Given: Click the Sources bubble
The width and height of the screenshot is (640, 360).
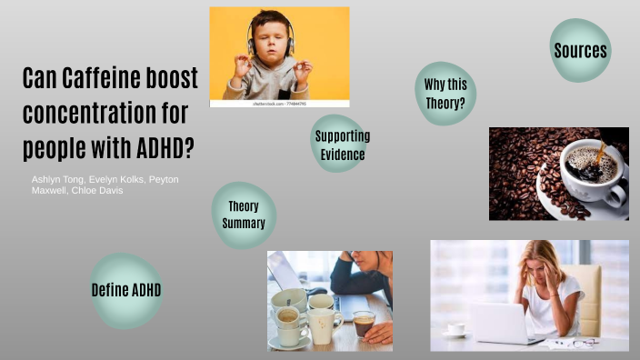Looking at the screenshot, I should click(581, 50).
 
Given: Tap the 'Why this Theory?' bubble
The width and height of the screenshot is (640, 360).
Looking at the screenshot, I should click(445, 94).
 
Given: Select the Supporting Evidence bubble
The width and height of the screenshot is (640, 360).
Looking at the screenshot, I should click(342, 145).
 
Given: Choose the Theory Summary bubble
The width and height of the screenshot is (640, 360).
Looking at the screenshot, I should click(244, 215).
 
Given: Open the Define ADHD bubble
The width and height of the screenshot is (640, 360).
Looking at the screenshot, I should click(126, 290).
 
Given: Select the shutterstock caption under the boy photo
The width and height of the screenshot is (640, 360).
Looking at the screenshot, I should click(279, 104).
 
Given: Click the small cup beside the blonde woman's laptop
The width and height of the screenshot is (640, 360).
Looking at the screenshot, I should click(455, 328).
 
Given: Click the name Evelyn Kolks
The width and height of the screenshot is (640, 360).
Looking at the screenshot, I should click(115, 180).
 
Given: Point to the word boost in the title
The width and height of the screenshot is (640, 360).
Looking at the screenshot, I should click(168, 79).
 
